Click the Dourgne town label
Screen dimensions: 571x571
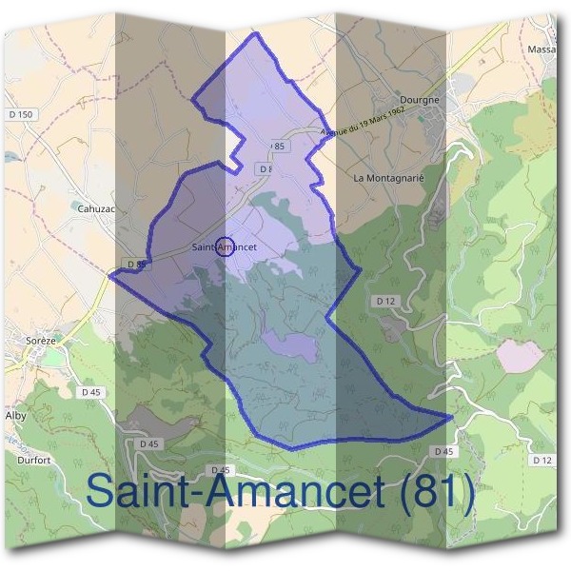(x=420, y=99)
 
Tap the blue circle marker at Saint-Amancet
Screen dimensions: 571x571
(x=225, y=246)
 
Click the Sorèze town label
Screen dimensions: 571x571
(x=42, y=340)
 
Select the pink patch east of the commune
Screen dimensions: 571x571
(x=520, y=356)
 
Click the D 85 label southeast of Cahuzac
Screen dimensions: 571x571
(x=134, y=264)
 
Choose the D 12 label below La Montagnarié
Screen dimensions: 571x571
(x=384, y=301)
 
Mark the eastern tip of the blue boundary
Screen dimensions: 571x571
(x=450, y=417)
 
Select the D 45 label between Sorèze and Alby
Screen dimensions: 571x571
(x=91, y=392)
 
